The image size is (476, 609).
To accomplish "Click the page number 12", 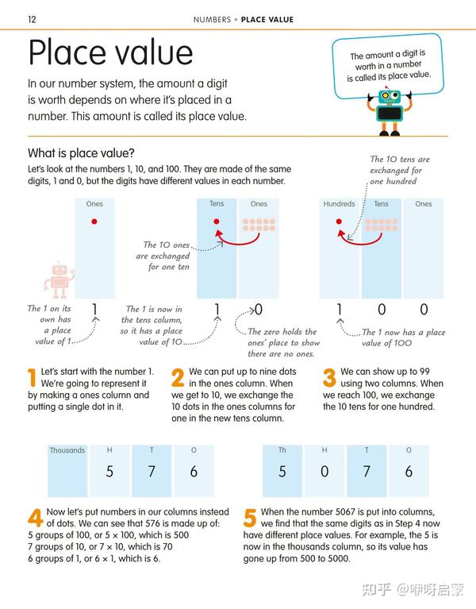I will [x=32, y=19].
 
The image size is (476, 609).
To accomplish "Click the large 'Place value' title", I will [x=110, y=52].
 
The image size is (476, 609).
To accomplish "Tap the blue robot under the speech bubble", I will [x=389, y=110].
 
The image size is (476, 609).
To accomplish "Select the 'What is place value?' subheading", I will [x=81, y=153].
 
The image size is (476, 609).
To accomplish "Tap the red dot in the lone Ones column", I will [x=94, y=222].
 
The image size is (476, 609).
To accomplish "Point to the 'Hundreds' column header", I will [x=339, y=204].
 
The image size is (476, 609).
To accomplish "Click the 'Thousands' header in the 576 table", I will [x=67, y=450].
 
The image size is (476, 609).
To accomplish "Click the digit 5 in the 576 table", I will [x=109, y=472].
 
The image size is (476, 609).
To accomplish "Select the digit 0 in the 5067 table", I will [x=324, y=472].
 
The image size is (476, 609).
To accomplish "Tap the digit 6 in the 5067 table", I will [x=409, y=472].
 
